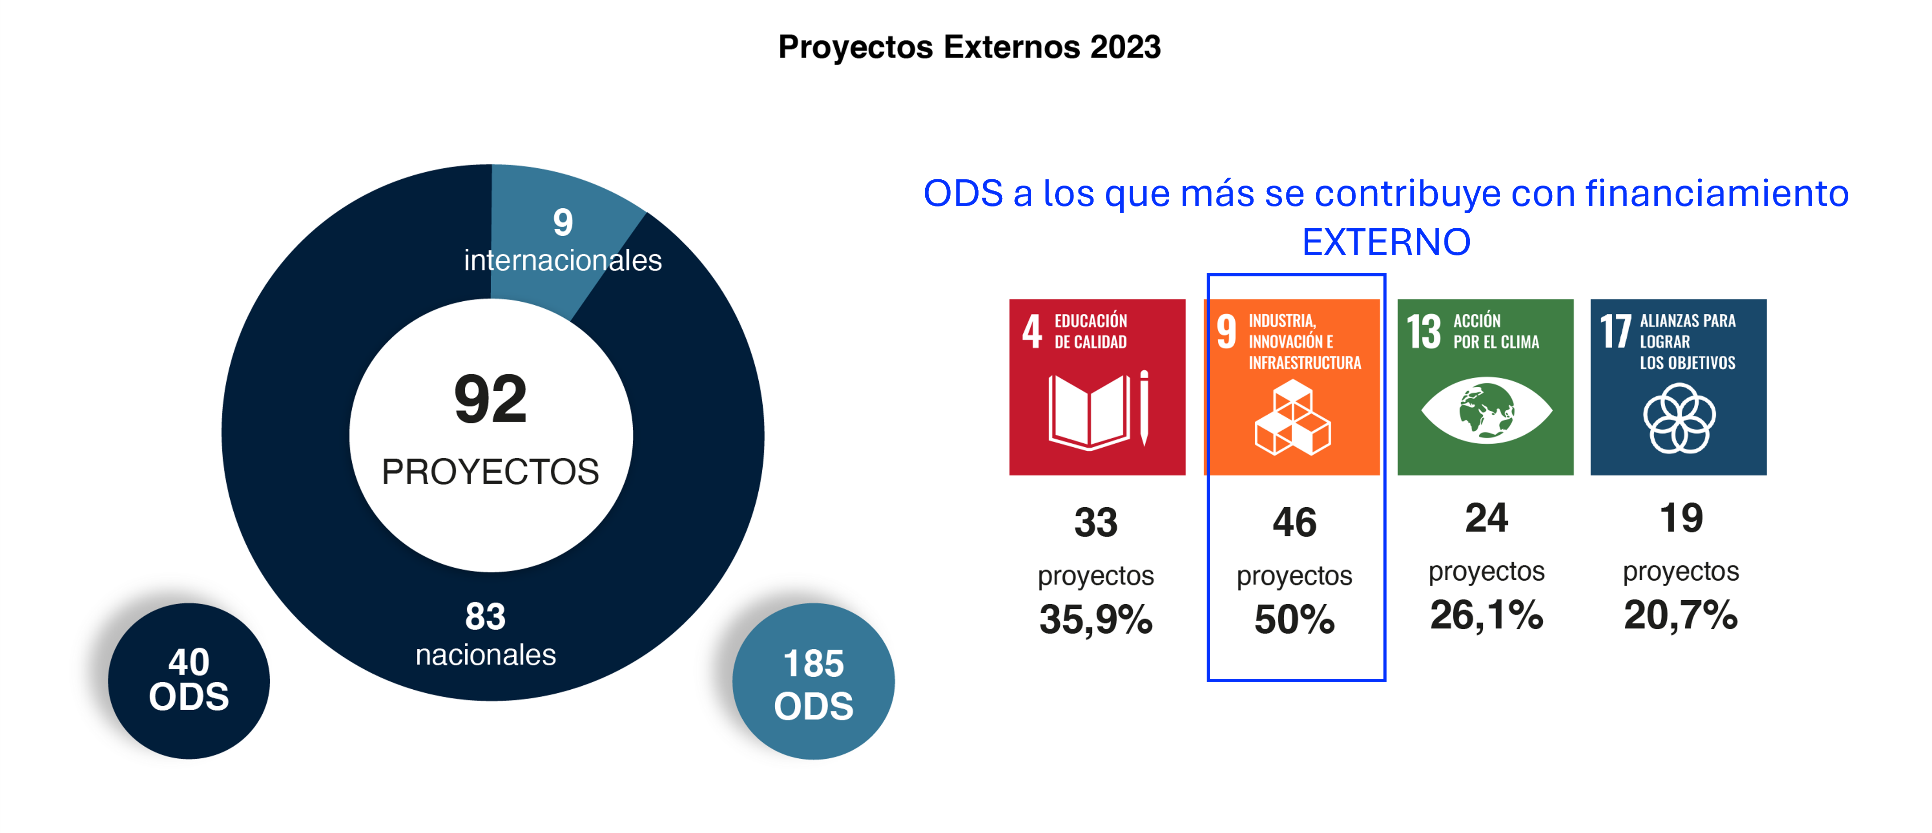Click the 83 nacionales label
tap(486, 634)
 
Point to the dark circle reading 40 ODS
tap(189, 681)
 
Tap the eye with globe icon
tap(1486, 411)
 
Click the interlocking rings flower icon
tap(1679, 418)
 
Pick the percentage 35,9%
tap(1096, 619)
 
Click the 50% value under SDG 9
tap(1294, 619)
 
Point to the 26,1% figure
tap(1486, 615)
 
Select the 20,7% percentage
tap(1681, 615)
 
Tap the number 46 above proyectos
tap(1294, 522)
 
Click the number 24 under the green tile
tap(1486, 518)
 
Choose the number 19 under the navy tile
tap(1681, 518)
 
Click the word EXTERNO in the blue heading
tap(1386, 242)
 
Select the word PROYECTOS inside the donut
tap(491, 472)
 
